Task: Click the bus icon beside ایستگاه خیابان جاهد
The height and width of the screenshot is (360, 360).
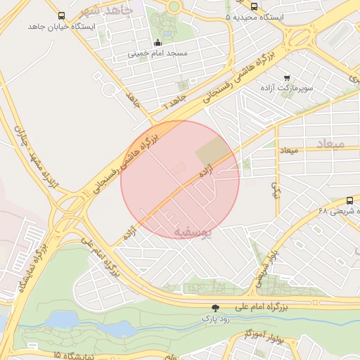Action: (x=61, y=15)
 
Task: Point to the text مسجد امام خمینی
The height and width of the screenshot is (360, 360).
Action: (x=157, y=53)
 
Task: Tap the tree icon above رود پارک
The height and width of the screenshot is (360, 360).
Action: (x=216, y=307)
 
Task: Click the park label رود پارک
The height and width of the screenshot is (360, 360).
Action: (x=216, y=319)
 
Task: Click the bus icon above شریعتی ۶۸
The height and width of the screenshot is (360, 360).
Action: (x=350, y=200)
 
